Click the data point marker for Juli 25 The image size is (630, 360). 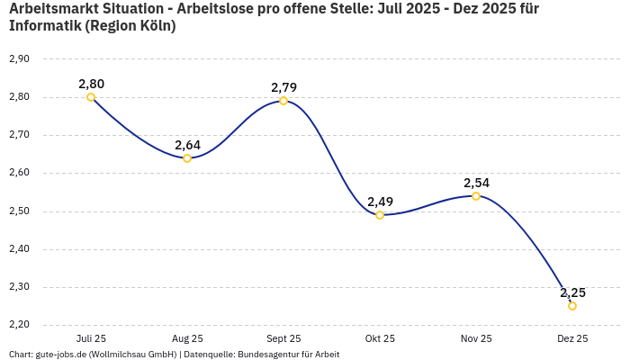pyautogui.click(x=91, y=97)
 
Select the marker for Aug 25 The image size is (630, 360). pyautogui.click(x=187, y=158)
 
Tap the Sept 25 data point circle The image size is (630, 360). pyautogui.click(x=283, y=101)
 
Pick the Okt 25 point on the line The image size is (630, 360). pyautogui.click(x=380, y=215)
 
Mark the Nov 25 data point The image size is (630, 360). pyautogui.click(x=476, y=196)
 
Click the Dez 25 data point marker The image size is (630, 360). pyautogui.click(x=572, y=306)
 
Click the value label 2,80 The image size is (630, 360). pyautogui.click(x=91, y=84)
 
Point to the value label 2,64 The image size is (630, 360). pyautogui.click(x=187, y=145)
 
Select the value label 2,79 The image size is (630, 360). pyautogui.click(x=283, y=87)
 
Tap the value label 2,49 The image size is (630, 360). pyautogui.click(x=380, y=202)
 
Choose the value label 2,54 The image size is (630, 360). pyautogui.click(x=476, y=183)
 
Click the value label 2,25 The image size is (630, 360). pyautogui.click(x=572, y=292)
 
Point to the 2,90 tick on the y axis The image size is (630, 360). pyautogui.click(x=19, y=58)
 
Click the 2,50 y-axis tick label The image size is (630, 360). pyautogui.click(x=19, y=211)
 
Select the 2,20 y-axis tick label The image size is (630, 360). pyautogui.click(x=19, y=325)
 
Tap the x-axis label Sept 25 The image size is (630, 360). pyautogui.click(x=283, y=338)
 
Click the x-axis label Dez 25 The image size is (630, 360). pyautogui.click(x=572, y=338)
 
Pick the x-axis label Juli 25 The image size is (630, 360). pyautogui.click(x=91, y=338)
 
